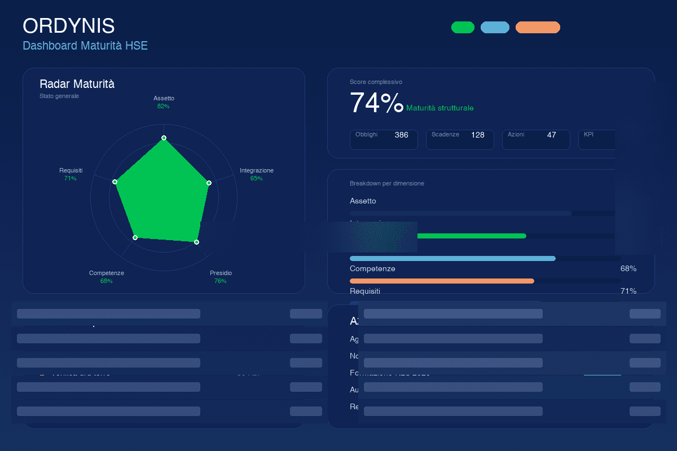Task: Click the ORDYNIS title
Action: coord(68,26)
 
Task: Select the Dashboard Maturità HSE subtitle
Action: coord(85,46)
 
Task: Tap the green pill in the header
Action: coord(463,28)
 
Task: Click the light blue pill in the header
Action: coord(495,28)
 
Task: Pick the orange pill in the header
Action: coord(538,28)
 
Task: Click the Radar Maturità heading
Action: coord(77,84)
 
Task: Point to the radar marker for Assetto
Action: coord(164,138)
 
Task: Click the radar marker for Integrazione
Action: coord(209,183)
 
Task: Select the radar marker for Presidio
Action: coord(196,242)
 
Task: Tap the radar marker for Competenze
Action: coord(135,238)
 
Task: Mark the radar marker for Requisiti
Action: coord(115,182)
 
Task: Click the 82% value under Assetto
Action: coord(164,106)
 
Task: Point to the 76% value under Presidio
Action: coord(221,281)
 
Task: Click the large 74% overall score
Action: coord(376,103)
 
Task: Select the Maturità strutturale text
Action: coord(440,108)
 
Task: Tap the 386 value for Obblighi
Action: coord(401,135)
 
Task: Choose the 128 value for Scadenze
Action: coord(477,135)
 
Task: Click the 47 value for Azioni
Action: coord(551,135)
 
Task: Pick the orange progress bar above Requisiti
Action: coord(442,281)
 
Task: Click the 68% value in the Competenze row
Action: coord(628,268)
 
